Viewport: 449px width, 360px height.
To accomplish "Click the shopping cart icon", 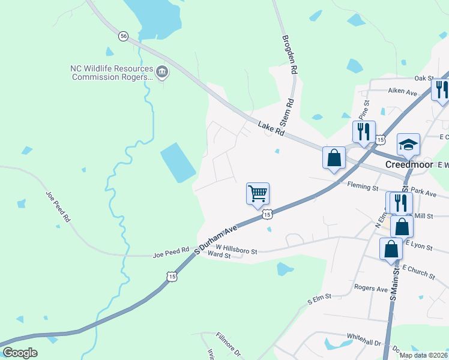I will [258, 194].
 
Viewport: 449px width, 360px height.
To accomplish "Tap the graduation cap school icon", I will [408, 145].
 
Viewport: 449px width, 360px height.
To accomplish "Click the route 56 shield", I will [123, 37].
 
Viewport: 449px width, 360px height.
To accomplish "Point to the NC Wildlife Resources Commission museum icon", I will [162, 73].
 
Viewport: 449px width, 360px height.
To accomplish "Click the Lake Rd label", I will [271, 128].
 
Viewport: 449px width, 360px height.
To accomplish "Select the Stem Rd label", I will [289, 112].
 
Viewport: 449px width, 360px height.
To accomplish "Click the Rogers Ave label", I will [370, 288].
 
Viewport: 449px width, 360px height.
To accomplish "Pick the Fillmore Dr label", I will [228, 346].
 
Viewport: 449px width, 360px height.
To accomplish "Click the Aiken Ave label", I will [402, 92].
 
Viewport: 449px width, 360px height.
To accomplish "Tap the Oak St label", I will [423, 78].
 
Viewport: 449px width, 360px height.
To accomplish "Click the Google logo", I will [20, 353].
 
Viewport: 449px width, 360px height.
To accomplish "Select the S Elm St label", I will [319, 299].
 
